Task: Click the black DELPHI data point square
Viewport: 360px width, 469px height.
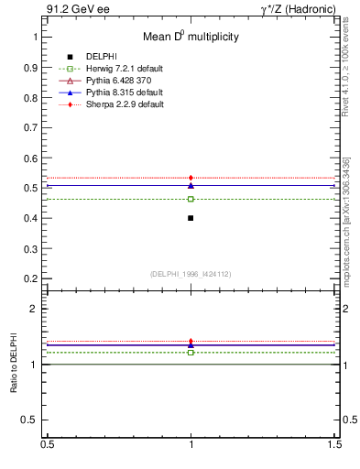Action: coord(191,218)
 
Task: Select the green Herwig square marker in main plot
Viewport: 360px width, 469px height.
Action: coord(191,199)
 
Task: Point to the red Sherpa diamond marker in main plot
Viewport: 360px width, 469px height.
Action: coord(191,178)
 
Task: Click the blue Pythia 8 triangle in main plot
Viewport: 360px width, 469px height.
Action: coord(191,185)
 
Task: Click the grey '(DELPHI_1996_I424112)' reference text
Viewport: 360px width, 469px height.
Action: coord(191,274)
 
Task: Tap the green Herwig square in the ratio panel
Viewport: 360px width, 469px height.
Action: coord(191,352)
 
